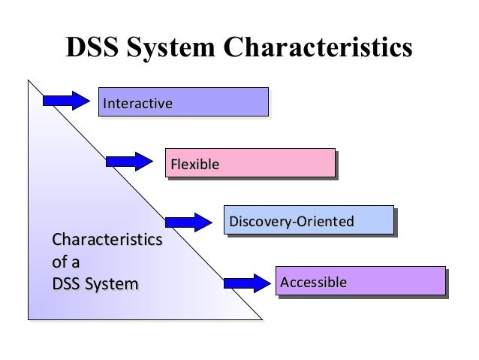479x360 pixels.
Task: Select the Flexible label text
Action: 194,162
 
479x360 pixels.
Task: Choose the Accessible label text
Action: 313,282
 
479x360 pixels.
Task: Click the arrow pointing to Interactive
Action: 68,101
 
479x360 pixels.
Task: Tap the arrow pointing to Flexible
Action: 130,162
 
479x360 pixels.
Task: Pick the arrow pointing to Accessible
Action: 246,283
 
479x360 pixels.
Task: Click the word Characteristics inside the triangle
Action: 105,241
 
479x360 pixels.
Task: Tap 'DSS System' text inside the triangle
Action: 94,284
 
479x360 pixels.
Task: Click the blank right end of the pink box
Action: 300,162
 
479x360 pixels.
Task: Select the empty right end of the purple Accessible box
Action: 413,282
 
